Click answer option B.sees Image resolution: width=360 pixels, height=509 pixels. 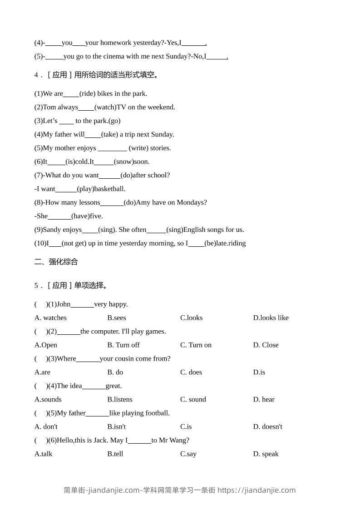(117, 318)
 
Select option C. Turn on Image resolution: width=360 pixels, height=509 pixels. (196, 345)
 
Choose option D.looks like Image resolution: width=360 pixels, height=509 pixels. (271, 318)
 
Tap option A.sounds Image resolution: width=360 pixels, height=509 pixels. (48, 399)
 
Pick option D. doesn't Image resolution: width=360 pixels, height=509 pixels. (267, 426)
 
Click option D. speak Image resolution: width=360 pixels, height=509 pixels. (266, 454)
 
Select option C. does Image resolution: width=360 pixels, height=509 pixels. (191, 372)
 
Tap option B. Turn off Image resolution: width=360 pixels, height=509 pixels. (123, 345)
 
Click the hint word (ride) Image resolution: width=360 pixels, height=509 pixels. (87, 93)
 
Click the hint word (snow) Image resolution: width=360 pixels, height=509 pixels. (123, 162)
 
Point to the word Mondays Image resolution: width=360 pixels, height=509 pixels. (192, 202)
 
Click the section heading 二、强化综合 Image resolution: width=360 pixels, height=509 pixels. (56, 262)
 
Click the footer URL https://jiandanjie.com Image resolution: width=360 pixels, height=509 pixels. (256, 490)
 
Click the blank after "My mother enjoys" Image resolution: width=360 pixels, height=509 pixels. (112, 148)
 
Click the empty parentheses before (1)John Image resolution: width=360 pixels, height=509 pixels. (41, 304)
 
